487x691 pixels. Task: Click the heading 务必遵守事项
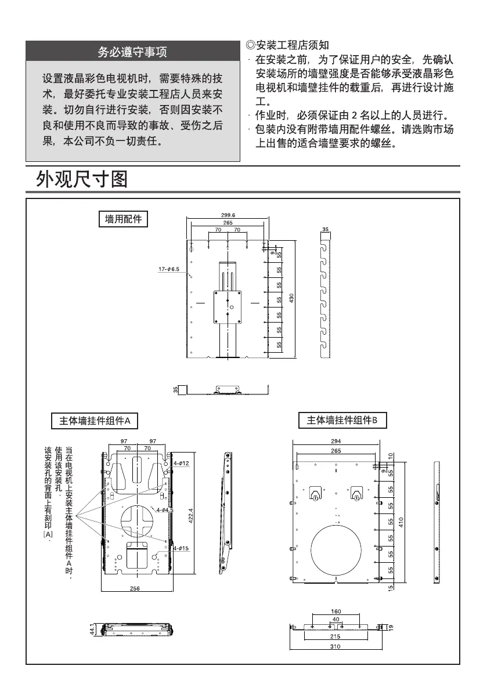coord(132,52)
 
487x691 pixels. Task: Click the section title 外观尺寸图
coord(82,179)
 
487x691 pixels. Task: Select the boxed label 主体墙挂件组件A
coord(94,420)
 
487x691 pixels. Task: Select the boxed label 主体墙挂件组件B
coord(342,420)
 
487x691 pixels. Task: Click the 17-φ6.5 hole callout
coord(168,269)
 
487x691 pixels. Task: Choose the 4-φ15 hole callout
coord(181,548)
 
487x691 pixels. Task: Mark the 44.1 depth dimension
coord(92,630)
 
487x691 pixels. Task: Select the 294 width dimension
coord(336,442)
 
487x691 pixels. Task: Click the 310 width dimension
coord(336,646)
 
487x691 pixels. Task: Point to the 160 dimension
coord(336,612)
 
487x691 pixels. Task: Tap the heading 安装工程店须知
coord(288,45)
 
